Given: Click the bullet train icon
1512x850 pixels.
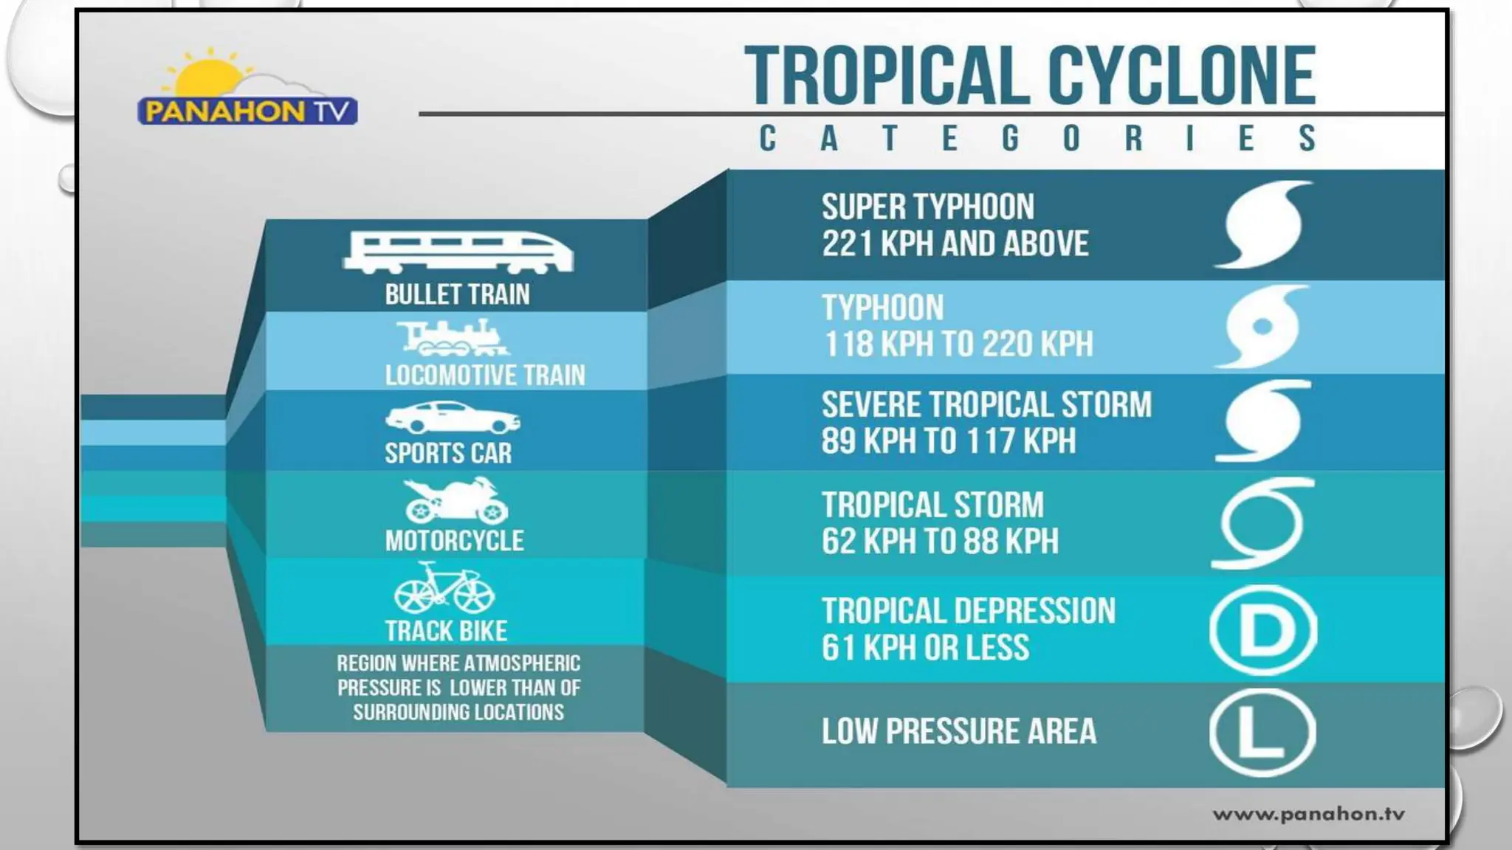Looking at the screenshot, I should tap(458, 252).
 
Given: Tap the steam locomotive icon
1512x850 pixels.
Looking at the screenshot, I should tap(453, 338).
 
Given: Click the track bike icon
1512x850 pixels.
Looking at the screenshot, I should tap(444, 589).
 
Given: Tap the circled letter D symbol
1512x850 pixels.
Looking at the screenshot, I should tap(1263, 630).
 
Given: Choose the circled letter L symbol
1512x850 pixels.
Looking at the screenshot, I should tap(1262, 733).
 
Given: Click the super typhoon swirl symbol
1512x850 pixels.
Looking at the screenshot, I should tap(1263, 224).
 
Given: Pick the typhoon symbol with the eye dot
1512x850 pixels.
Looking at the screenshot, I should tap(1262, 326).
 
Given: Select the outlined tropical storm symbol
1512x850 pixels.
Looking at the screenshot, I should tap(1262, 523).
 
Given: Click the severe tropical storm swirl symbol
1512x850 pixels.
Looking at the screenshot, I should tap(1262, 421).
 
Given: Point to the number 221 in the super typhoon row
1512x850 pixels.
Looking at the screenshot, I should tap(847, 244).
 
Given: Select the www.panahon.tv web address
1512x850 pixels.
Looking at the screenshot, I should tap(1308, 814).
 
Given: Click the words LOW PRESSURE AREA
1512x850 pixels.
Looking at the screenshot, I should tap(958, 731).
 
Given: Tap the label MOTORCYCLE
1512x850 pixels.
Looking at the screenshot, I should tap(454, 541).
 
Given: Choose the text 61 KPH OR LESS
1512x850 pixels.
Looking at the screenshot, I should tap(925, 648).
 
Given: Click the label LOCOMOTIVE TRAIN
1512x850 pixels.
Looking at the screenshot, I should tap(484, 375).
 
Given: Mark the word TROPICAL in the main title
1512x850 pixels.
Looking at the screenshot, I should tap(887, 75).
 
